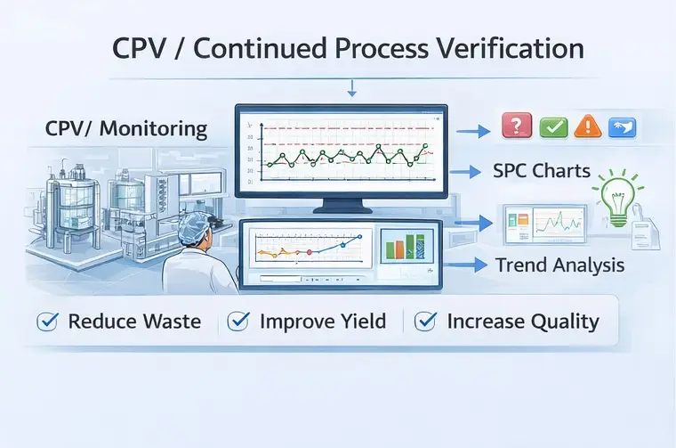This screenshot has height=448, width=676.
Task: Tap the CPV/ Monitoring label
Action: click(125, 129)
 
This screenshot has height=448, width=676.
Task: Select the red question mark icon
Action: click(517, 126)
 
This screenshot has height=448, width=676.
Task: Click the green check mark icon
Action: click(552, 126)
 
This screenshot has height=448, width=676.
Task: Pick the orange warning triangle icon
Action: click(587, 126)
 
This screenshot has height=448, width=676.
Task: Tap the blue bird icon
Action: click(622, 126)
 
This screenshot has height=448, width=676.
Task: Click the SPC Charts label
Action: click(542, 171)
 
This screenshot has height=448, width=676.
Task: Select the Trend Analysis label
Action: click(559, 265)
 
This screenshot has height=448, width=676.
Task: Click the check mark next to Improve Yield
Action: click(239, 322)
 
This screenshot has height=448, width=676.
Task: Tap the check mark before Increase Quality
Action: click(426, 322)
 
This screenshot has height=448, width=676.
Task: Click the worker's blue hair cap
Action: click(195, 232)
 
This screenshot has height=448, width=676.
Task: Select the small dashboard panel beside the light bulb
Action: click(543, 226)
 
